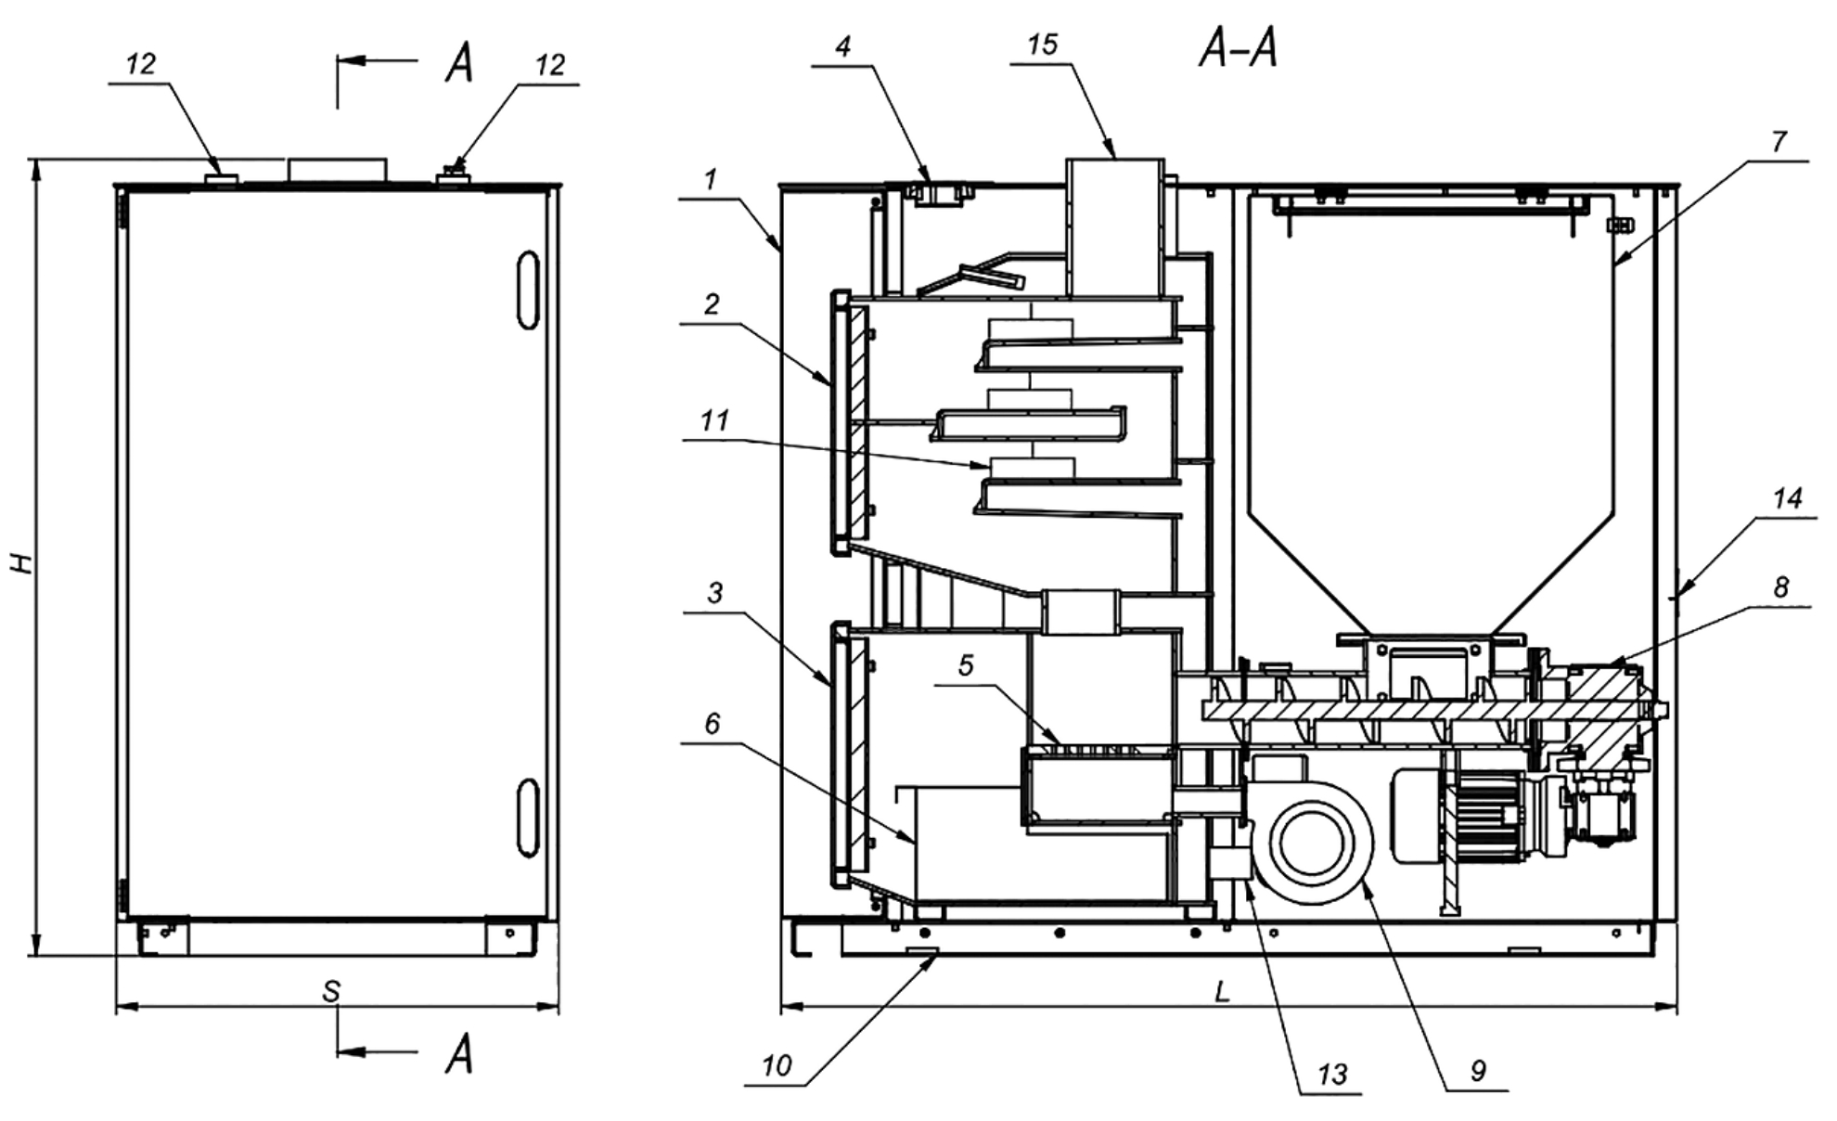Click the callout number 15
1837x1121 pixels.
[1043, 45]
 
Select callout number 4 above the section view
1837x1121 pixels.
[842, 46]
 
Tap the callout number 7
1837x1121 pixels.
[1778, 142]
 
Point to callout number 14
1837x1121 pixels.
[1787, 499]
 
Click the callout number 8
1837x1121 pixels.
[1780, 586]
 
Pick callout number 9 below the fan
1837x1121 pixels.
[1478, 1070]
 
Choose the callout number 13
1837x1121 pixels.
[1332, 1075]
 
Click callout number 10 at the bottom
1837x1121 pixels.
[777, 1065]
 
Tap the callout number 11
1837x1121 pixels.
[714, 420]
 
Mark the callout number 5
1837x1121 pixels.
[966, 665]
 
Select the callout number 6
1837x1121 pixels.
[712, 723]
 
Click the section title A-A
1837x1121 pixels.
[1239, 47]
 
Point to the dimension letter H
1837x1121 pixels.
[22, 562]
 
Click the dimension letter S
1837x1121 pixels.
[331, 992]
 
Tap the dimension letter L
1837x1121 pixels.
[1223, 992]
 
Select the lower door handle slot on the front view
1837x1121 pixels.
[528, 817]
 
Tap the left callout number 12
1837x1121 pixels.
[141, 64]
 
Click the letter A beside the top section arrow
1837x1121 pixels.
[459, 63]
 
